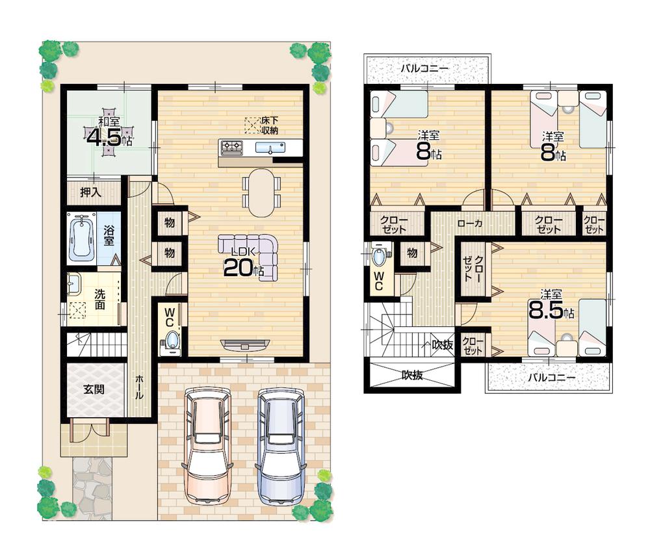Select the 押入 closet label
90,192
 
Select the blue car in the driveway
281,445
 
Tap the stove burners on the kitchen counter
232,148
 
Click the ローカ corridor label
469,223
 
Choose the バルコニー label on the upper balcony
424,67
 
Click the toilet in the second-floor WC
379,255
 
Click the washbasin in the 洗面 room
74,284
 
